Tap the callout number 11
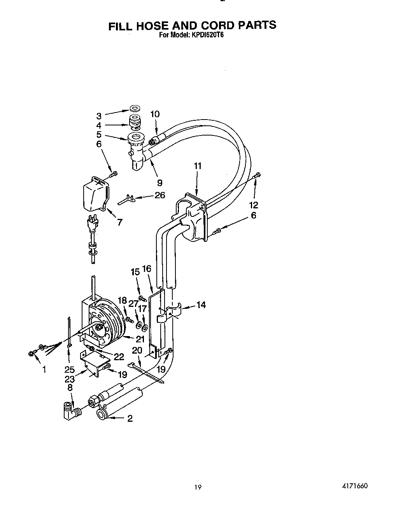pyautogui.click(x=198, y=166)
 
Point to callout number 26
pyautogui.click(x=160, y=195)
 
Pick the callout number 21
pyautogui.click(x=140, y=339)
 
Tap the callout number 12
pyautogui.click(x=254, y=205)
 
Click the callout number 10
pyautogui.click(x=155, y=114)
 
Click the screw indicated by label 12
pyautogui.click(x=257, y=176)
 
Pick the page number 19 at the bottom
pyautogui.click(x=198, y=487)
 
